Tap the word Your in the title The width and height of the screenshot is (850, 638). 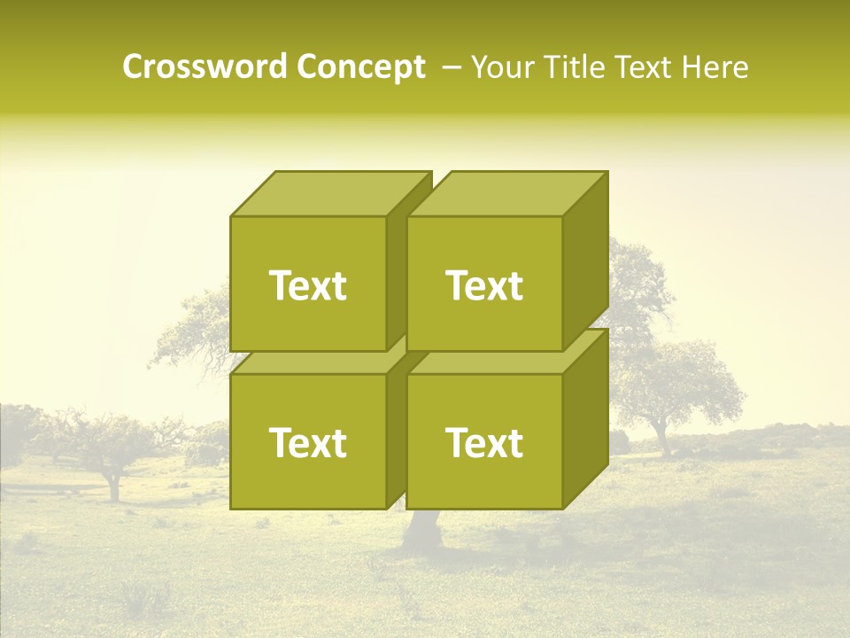click(500, 67)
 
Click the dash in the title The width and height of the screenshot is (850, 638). click(450, 67)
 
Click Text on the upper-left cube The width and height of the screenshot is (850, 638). click(308, 285)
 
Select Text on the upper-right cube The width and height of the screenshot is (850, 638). click(484, 285)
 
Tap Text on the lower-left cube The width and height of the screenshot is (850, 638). click(308, 442)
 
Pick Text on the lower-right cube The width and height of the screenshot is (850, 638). click(484, 442)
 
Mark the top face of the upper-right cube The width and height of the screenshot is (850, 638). click(506, 193)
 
